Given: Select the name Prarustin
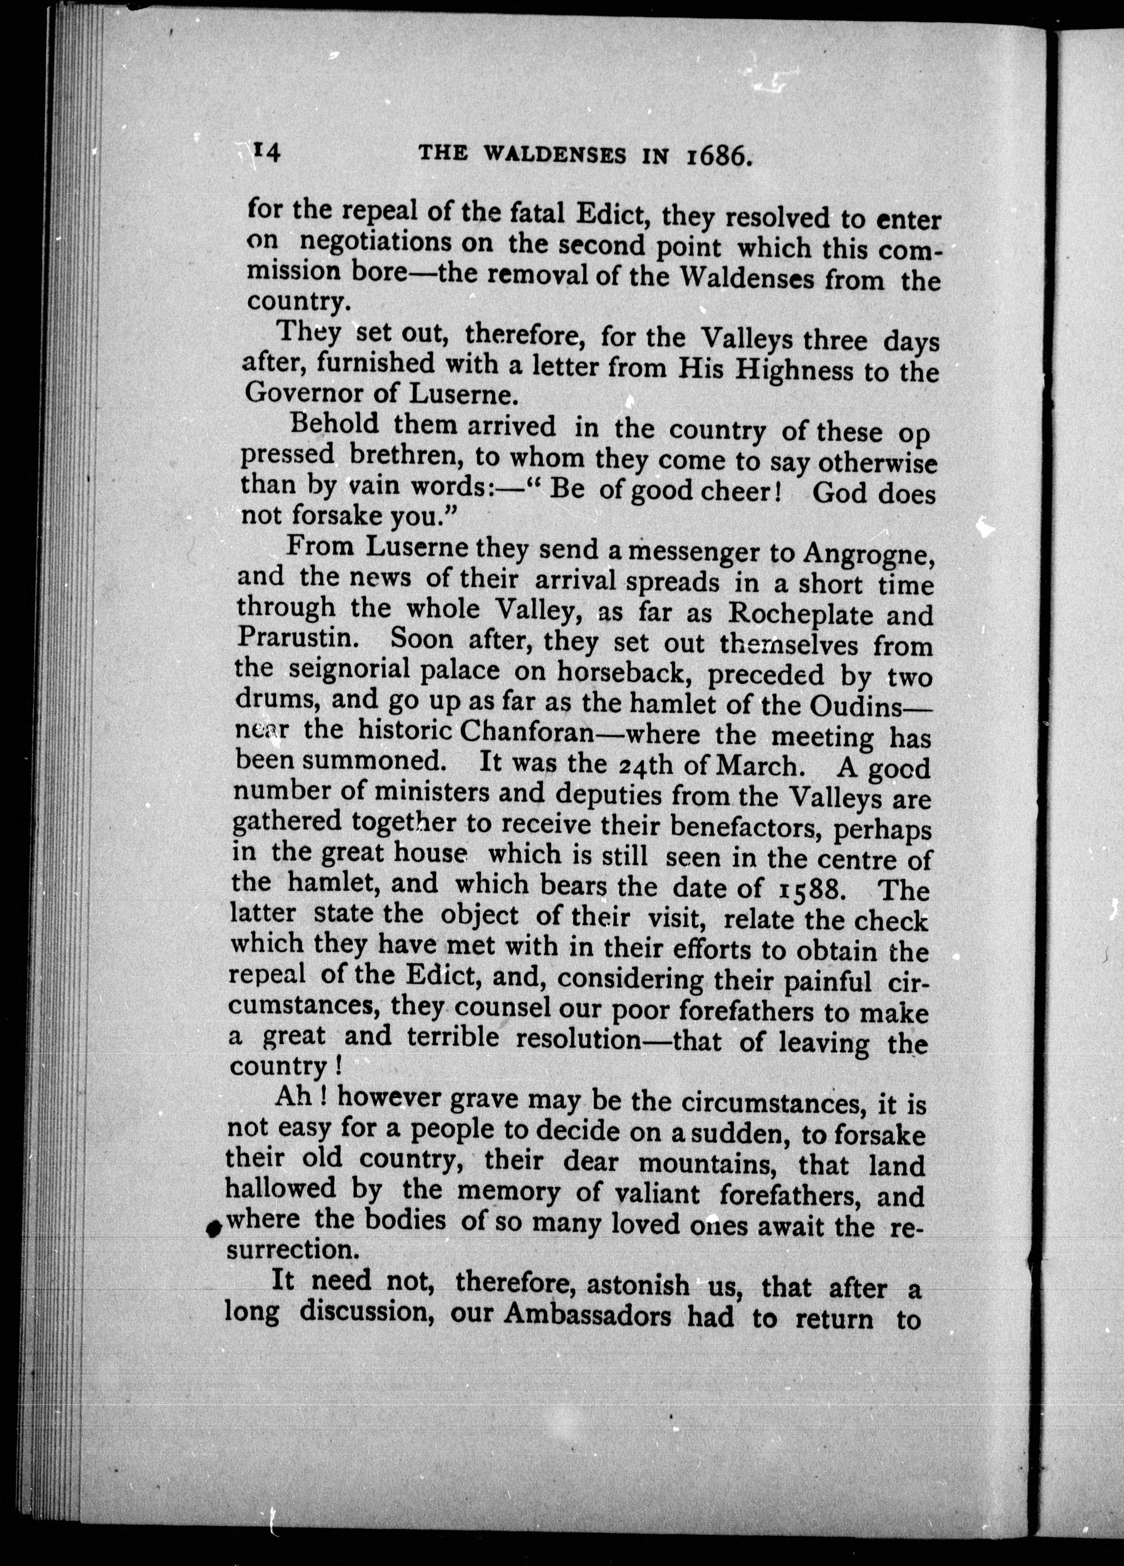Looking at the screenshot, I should click(x=296, y=639).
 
